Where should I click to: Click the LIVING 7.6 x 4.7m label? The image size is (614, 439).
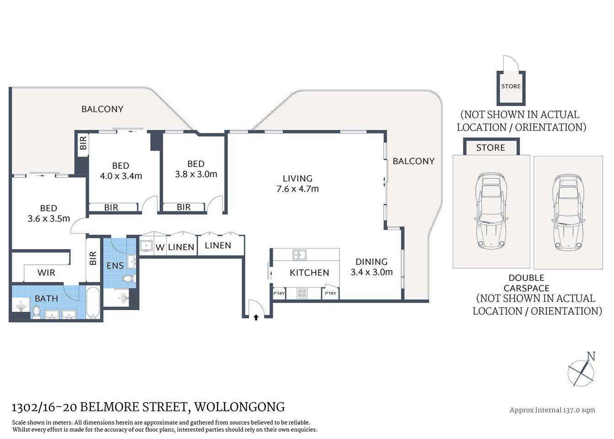pos(297,183)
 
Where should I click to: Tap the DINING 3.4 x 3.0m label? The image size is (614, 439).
pos(372,267)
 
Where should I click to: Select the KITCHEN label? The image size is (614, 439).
pos(309,273)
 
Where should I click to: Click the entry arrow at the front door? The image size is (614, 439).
pos(256,316)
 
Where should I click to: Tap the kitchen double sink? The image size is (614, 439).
pos(300,254)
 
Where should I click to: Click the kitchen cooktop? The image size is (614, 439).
pos(302,293)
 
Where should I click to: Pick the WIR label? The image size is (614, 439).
pos(46,273)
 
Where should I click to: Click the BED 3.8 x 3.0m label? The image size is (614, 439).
pos(196,169)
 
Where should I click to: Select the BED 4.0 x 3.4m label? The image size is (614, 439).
pos(121,171)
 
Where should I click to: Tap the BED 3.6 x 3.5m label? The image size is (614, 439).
pos(48,214)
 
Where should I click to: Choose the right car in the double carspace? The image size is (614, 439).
pos(568,212)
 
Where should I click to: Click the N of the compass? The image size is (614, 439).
pos(591,357)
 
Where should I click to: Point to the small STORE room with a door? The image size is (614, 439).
pos(511,87)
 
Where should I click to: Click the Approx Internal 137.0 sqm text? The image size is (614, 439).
pos(552,410)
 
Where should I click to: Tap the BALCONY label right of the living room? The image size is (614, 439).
pos(413,161)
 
